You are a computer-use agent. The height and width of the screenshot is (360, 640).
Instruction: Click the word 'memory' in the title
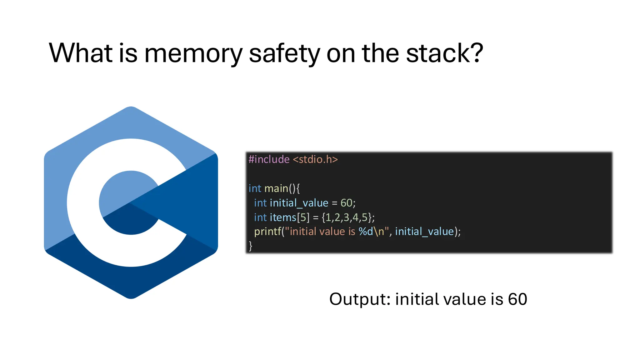tap(193, 54)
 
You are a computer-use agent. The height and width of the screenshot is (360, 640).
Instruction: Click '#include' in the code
tap(269, 159)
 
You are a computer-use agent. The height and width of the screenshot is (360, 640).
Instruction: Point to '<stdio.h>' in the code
tap(315, 159)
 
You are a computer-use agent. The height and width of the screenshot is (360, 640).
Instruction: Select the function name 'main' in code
tap(276, 188)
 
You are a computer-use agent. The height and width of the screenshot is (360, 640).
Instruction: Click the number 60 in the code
tap(346, 203)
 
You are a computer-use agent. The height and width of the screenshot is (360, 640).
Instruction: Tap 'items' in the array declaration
tap(283, 217)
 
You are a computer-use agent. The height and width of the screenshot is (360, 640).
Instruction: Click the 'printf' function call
tap(267, 232)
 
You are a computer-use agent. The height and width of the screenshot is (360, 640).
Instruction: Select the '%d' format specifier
tap(366, 232)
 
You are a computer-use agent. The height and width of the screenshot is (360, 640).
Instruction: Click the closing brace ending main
tap(250, 246)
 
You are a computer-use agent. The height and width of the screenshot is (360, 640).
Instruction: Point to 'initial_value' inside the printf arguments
tap(424, 232)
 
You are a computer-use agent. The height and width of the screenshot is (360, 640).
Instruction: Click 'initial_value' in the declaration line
tap(299, 203)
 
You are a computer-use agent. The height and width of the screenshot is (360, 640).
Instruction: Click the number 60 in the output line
tap(517, 299)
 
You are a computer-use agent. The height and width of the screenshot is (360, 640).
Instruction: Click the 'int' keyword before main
tap(255, 188)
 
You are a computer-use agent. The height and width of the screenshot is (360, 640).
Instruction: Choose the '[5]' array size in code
tap(303, 217)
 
